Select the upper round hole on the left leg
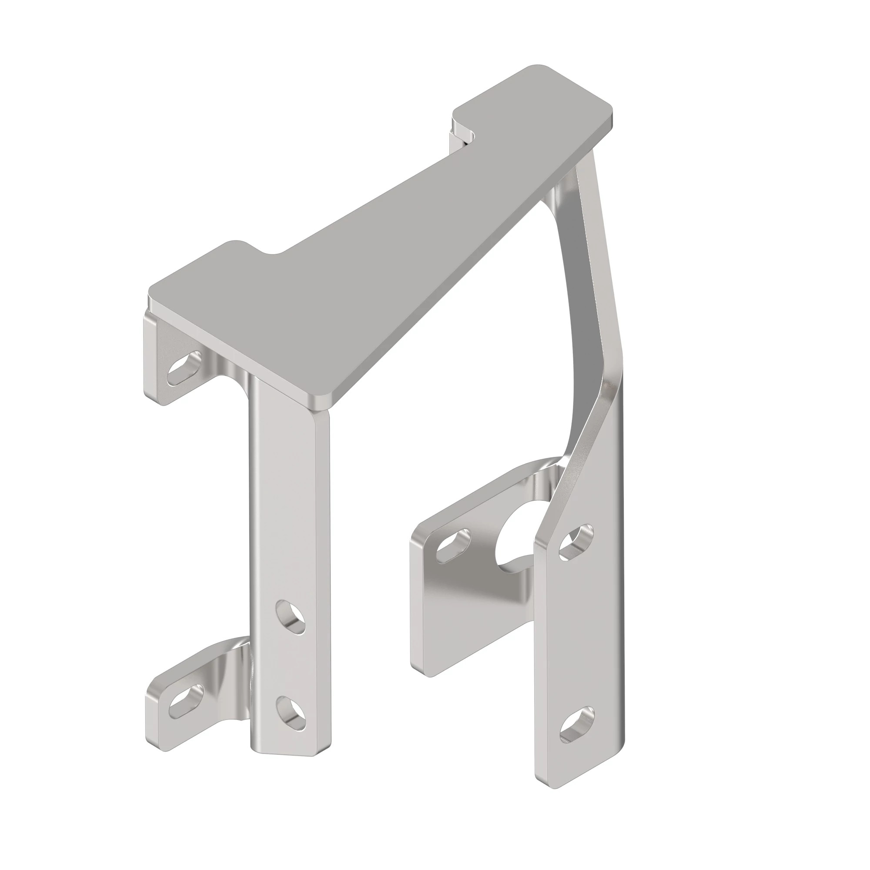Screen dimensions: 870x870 point(291,617)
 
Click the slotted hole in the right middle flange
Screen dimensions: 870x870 point(453,546)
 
